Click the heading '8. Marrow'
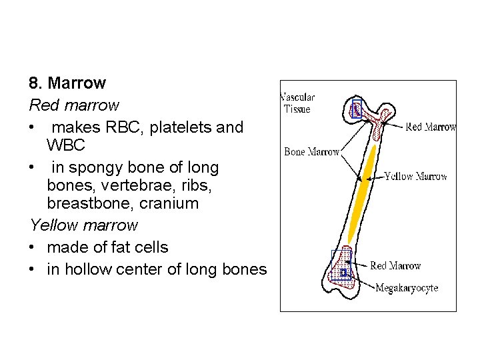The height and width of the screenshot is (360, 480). coord(67,84)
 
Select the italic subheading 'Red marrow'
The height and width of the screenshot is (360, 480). coord(74,105)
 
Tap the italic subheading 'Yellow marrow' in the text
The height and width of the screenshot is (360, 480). coord(83,225)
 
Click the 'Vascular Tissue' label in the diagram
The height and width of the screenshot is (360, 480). coord(297,103)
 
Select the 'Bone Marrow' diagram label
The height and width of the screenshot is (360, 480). coord(311,152)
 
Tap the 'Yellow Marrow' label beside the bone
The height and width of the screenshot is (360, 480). coord(416,177)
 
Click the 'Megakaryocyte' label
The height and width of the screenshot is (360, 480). coord(407,288)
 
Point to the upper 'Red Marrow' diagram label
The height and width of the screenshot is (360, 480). coord(431,127)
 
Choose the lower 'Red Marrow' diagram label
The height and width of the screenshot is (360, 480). coord(395,266)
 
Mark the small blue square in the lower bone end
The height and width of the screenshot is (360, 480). coord(343,273)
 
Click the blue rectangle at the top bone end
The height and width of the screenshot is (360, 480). coord(356,109)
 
